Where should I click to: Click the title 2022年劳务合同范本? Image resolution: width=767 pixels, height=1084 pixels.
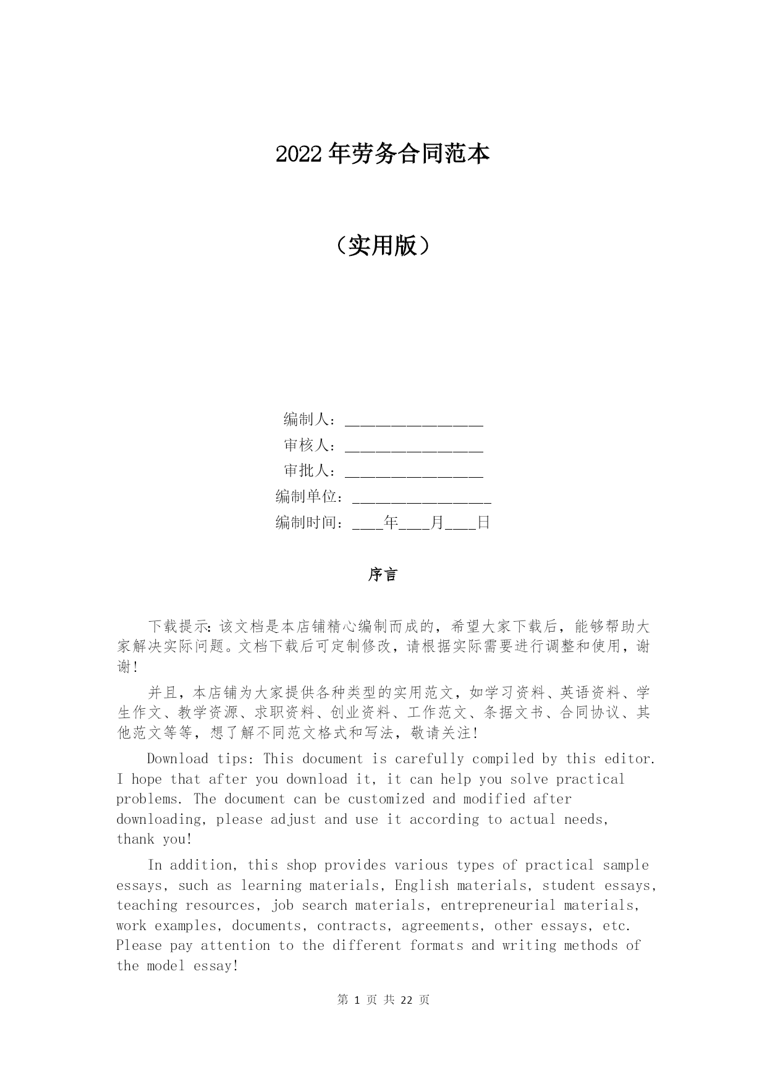383,155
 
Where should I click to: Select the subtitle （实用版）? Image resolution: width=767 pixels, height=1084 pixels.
383,246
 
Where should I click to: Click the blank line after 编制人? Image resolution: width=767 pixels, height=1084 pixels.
413,421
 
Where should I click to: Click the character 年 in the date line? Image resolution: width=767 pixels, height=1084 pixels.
391,523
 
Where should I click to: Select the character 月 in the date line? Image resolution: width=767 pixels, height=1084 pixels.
437,523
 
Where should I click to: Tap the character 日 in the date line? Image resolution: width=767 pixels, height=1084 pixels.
483,523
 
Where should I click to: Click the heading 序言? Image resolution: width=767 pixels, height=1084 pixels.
383,575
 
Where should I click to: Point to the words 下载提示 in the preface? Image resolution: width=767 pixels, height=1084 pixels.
179,627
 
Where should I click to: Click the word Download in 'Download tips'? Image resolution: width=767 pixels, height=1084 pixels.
177,759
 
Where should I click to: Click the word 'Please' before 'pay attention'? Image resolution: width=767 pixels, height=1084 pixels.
139,946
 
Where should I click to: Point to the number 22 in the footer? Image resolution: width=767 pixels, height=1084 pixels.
407,1000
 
